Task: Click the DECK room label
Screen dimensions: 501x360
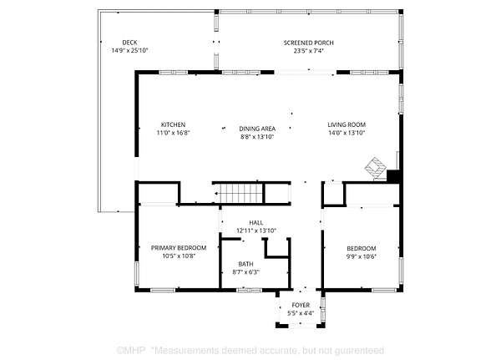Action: point(129,43)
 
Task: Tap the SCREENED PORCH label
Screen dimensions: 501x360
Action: point(308,43)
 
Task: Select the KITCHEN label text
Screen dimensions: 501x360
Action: point(173,124)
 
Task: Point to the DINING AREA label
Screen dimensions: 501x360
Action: point(257,129)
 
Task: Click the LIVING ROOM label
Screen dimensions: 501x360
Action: point(347,124)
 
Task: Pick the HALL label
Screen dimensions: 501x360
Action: point(256,222)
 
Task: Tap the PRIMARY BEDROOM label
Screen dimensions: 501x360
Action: point(179,248)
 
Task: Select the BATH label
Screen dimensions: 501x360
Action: point(245,264)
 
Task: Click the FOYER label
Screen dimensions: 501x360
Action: point(301,306)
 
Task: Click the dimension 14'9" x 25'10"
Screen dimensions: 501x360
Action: point(129,50)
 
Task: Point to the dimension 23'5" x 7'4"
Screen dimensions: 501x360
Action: point(309,51)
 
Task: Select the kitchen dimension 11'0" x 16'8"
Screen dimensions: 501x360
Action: point(173,133)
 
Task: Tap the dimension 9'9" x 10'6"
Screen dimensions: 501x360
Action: point(362,256)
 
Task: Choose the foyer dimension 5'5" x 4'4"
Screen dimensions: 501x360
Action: point(301,313)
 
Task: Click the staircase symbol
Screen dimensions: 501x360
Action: point(240,193)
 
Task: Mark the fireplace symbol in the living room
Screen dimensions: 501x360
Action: point(376,168)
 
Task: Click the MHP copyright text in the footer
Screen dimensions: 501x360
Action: point(131,351)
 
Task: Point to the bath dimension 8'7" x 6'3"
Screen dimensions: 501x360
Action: point(245,272)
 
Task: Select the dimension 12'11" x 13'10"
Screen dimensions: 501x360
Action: point(256,231)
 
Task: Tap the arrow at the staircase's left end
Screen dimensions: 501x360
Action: point(216,194)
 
